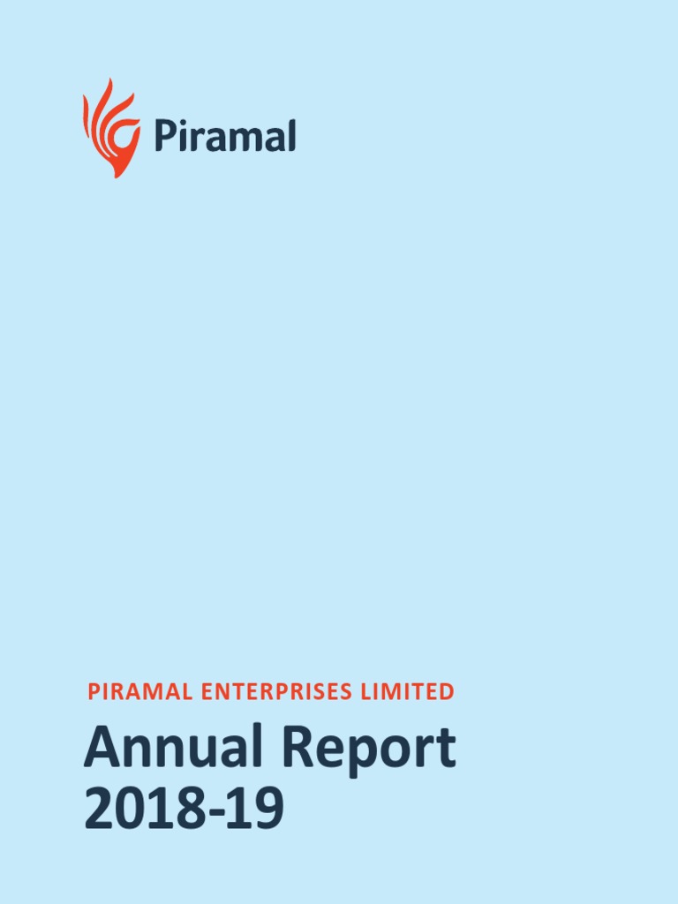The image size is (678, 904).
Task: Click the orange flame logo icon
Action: click(x=112, y=129)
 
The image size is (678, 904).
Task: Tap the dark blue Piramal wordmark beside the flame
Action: click(x=224, y=137)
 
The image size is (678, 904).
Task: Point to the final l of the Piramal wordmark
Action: click(x=290, y=136)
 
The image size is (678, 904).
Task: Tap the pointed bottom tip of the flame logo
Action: click(x=116, y=175)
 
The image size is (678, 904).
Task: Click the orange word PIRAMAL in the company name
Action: click(x=140, y=692)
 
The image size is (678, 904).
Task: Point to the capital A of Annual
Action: click(x=101, y=748)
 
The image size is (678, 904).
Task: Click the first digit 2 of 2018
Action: click(x=100, y=810)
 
